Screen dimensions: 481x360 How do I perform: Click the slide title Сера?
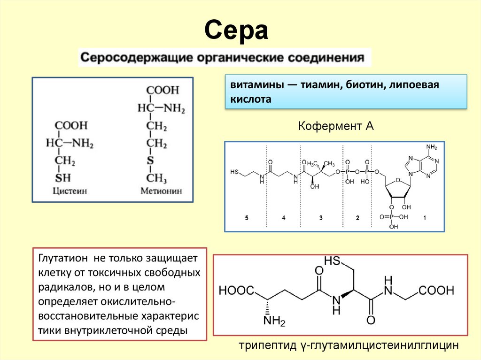(236, 31)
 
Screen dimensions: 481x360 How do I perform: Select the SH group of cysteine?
(63, 178)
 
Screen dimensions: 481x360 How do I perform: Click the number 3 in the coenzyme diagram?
(321, 218)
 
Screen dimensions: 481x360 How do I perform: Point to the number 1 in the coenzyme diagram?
(425, 218)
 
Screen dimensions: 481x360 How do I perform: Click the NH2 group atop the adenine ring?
(431, 147)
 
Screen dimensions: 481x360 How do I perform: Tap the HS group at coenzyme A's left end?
(234, 172)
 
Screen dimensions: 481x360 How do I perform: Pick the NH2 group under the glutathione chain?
(274, 321)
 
